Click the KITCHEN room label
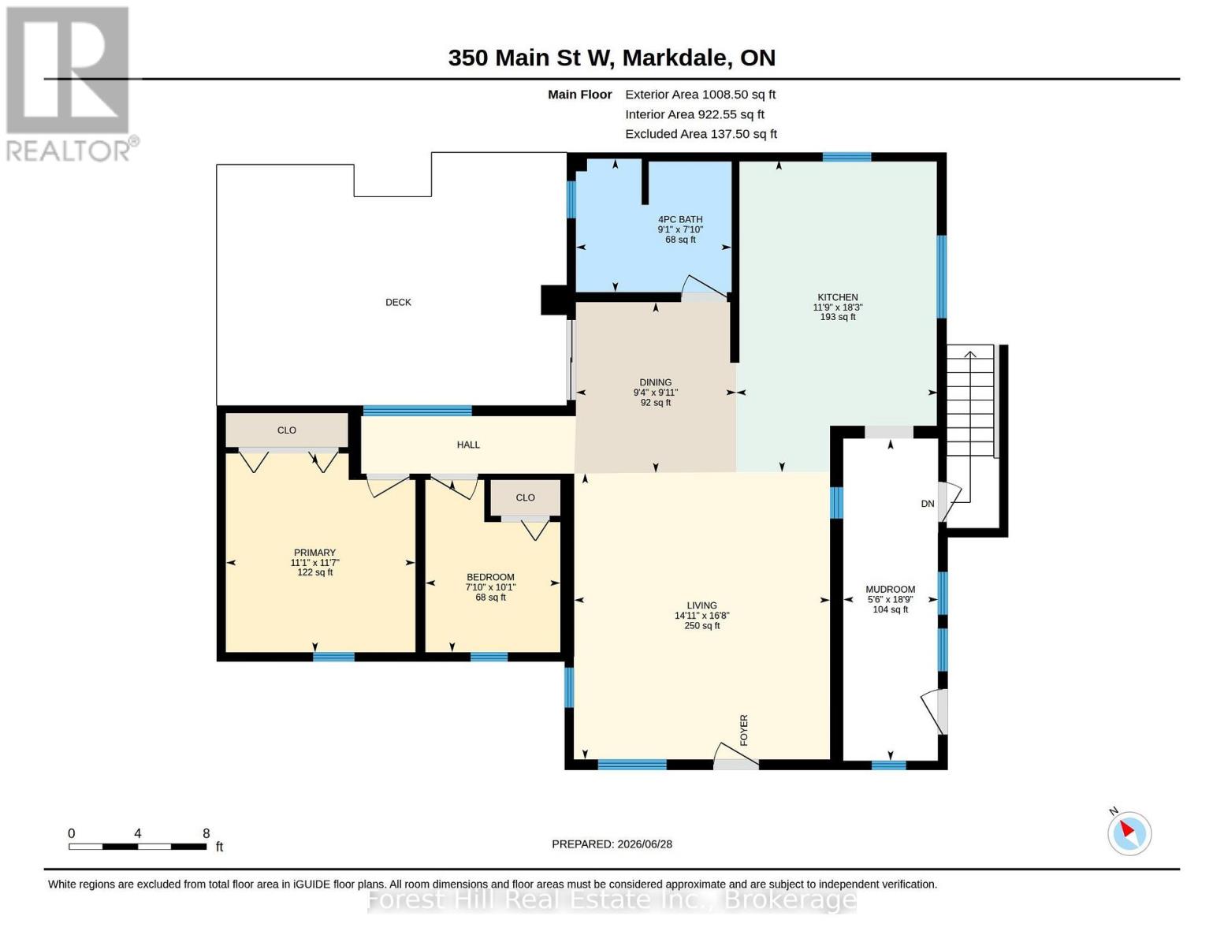click(838, 297)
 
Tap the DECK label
click(398, 303)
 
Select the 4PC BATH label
click(680, 219)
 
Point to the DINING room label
click(656, 382)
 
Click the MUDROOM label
click(891, 590)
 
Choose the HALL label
click(469, 445)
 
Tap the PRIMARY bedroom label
click(315, 553)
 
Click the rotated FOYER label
click(744, 730)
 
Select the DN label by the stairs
click(928, 504)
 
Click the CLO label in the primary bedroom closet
click(287, 430)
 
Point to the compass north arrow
click(1127, 829)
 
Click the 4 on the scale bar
click(137, 833)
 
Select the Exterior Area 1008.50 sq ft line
click(700, 95)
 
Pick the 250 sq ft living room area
click(701, 625)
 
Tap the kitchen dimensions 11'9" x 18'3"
click(838, 307)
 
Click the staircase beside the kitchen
click(970, 400)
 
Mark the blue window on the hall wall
click(418, 410)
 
